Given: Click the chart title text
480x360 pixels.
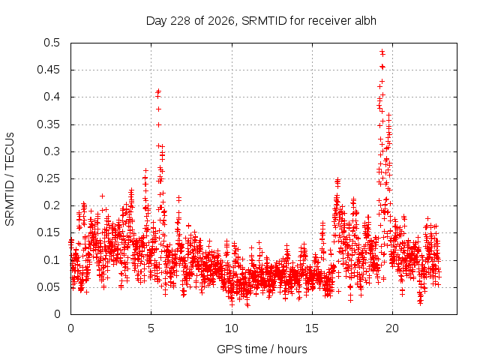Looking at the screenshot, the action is tap(261, 21).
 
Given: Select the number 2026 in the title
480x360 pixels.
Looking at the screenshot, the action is tap(220, 21).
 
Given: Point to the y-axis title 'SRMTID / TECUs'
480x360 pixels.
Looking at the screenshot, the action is tap(10, 179).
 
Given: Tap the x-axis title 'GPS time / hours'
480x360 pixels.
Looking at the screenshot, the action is tap(262, 349).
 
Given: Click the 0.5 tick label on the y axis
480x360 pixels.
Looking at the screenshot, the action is tap(52, 43).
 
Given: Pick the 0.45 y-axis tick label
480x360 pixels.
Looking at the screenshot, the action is tap(48, 70).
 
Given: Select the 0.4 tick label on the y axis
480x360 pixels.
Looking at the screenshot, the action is tap(52, 97).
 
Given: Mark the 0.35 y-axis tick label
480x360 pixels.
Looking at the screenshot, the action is tap(48, 124).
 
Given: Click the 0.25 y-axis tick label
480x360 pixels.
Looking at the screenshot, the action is tap(48, 178).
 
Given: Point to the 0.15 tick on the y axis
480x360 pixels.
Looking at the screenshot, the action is tap(48, 232).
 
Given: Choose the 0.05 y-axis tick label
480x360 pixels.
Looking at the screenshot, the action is tap(48, 287).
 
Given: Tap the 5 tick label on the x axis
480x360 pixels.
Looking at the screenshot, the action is tap(151, 328).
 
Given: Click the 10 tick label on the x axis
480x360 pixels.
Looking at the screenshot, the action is tap(232, 328).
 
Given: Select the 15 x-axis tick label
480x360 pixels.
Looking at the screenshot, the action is tap(312, 328).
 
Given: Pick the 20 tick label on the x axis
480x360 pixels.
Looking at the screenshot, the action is tap(392, 328).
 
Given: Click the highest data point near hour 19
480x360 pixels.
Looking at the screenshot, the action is tap(382, 51).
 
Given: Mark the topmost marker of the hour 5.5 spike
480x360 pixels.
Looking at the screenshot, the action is tap(158, 91).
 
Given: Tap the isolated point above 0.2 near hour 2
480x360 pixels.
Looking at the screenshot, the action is tap(103, 196).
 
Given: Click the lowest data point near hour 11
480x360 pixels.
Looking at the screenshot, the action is tap(247, 305).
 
